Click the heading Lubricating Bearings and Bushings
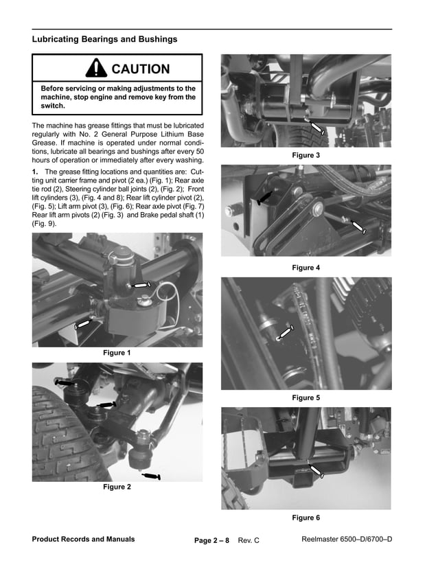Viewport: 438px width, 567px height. (104, 39)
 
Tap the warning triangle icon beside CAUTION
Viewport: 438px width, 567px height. (96, 68)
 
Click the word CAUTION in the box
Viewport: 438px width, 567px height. (140, 69)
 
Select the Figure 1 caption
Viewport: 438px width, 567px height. (117, 353)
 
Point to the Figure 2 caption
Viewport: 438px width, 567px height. (117, 487)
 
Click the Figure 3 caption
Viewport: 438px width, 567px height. (306, 156)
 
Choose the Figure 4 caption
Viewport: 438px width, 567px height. (306, 267)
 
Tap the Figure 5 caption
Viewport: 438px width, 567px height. (306, 397)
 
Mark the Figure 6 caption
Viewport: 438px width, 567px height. (306, 518)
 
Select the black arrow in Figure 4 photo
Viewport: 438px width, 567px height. (264, 199)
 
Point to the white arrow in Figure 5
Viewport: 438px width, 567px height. (286, 333)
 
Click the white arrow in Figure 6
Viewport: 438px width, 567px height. (316, 472)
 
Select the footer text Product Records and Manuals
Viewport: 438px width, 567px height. (83, 539)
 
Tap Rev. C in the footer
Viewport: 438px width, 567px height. (249, 541)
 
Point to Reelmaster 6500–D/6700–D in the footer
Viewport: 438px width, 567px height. (347, 539)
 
